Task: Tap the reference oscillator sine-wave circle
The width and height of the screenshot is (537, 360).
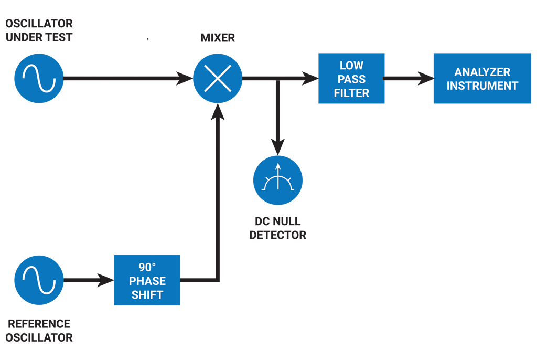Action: pyautogui.click(x=39, y=280)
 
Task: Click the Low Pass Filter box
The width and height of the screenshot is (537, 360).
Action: pyautogui.click(x=351, y=79)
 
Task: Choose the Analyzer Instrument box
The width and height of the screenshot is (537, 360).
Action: pyautogui.click(x=482, y=79)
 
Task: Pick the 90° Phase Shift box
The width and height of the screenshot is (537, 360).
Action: pyautogui.click(x=147, y=280)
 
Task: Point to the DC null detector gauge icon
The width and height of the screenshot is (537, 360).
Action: pyautogui.click(x=277, y=180)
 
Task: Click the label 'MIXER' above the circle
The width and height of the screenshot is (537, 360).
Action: pyautogui.click(x=218, y=38)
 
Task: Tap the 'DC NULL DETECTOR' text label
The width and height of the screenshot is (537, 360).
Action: pyautogui.click(x=277, y=228)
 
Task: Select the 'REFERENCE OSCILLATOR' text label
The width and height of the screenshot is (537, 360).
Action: pyautogui.click(x=39, y=331)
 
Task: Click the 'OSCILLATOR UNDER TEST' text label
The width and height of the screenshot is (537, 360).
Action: pyautogui.click(x=39, y=30)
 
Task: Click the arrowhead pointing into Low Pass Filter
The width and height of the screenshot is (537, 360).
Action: pyautogui.click(x=312, y=79)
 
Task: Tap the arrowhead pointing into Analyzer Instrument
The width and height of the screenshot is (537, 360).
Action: pyautogui.click(x=427, y=79)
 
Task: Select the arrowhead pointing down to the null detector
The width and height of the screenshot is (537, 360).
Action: pyautogui.click(x=277, y=147)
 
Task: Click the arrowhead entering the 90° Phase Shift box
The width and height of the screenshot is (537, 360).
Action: pyautogui.click(x=107, y=280)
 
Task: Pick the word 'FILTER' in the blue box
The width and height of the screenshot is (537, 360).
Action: pyautogui.click(x=351, y=93)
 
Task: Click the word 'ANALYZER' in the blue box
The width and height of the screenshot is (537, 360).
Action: pyautogui.click(x=482, y=72)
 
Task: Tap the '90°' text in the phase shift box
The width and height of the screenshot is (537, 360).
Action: pyautogui.click(x=147, y=267)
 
